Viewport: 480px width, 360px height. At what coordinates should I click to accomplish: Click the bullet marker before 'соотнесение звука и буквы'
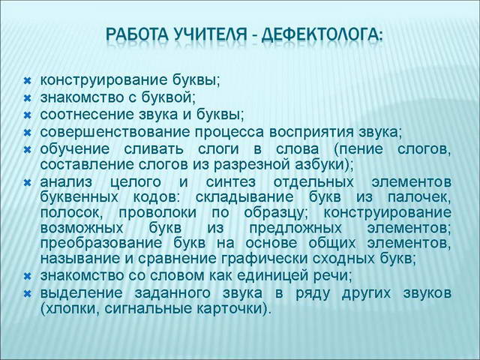point(27,115)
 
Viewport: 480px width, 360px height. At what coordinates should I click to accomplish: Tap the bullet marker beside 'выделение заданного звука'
point(27,292)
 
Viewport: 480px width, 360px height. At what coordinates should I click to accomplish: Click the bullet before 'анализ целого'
point(27,183)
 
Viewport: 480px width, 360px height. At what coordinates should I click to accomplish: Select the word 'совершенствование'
point(97,132)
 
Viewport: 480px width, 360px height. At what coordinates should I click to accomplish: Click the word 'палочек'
point(424,196)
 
